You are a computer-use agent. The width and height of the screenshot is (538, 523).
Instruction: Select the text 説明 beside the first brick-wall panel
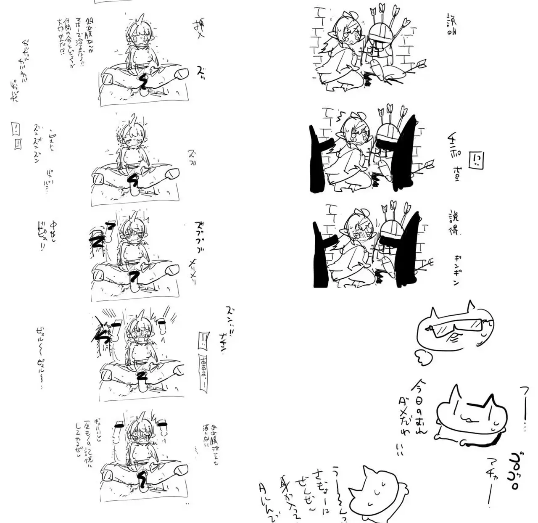(x=452, y=24)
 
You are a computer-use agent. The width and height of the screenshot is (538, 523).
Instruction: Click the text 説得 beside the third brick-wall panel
(x=454, y=223)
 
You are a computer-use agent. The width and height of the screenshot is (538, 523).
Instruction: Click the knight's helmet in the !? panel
(x=387, y=135)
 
